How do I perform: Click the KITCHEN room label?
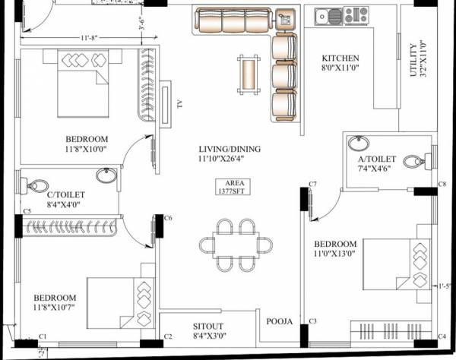point(340,58)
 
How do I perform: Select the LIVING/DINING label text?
point(229,149)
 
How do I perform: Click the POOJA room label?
point(279,322)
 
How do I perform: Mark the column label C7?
point(312,185)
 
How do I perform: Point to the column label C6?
point(168,218)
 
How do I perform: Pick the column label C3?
point(312,322)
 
